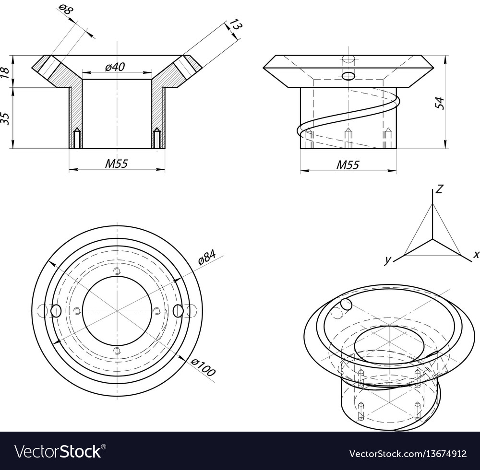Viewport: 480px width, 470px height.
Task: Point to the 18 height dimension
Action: [5, 71]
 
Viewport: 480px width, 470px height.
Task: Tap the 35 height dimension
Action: [5, 118]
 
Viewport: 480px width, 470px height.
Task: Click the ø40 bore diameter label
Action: [115, 67]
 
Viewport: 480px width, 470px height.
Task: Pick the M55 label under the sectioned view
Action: [116, 164]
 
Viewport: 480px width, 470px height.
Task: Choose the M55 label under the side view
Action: [348, 165]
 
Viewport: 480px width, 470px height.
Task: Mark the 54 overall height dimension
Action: [440, 103]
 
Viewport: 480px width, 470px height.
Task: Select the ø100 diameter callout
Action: [203, 367]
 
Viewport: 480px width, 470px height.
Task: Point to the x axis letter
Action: [476, 255]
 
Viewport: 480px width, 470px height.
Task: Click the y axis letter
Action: [387, 260]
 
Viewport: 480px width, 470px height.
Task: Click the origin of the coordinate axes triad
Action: [432, 238]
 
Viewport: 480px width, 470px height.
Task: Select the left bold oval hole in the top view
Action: [56, 311]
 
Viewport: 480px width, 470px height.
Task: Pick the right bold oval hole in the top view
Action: [178, 311]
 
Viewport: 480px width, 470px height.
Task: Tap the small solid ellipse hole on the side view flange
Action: [348, 76]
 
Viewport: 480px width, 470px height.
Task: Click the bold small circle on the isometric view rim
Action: [346, 304]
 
